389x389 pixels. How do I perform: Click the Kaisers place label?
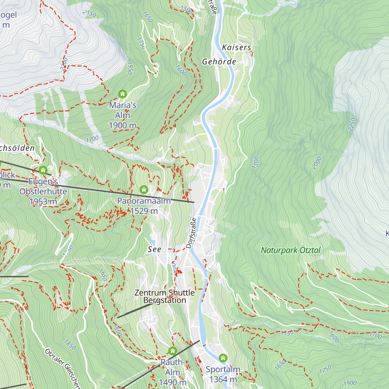(x=237, y=47)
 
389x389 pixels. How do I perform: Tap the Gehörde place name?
(x=219, y=62)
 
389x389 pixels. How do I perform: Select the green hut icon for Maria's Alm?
(x=123, y=94)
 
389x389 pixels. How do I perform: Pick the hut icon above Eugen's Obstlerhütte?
(x=43, y=170)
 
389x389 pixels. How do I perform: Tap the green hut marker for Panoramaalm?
(x=144, y=189)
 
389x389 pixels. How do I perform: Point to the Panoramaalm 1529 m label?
(x=144, y=206)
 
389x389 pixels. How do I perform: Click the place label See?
(x=154, y=249)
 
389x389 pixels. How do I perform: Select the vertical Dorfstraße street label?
(x=191, y=233)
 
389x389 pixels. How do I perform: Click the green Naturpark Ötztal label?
(x=290, y=250)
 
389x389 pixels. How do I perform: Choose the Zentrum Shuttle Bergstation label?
(x=165, y=296)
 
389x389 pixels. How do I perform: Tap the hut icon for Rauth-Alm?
(x=172, y=351)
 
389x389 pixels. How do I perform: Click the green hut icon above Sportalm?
(x=223, y=358)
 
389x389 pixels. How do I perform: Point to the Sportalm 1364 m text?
(x=223, y=374)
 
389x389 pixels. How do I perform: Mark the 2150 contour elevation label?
(x=89, y=14)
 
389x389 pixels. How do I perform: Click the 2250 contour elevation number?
(x=352, y=124)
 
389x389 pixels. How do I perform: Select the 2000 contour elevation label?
(x=317, y=163)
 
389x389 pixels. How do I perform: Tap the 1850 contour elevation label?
(x=70, y=345)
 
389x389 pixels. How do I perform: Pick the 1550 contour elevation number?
(x=287, y=333)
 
